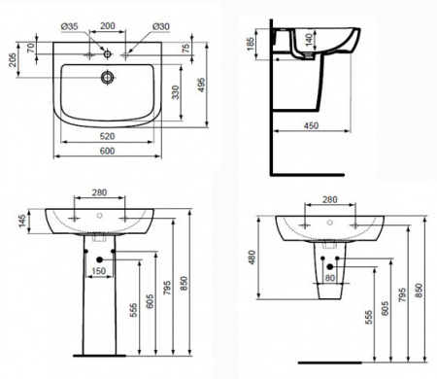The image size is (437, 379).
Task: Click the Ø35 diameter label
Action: tap(70, 26)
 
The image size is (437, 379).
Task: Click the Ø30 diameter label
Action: tap(161, 26)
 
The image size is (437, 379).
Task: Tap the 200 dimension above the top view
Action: tap(108, 26)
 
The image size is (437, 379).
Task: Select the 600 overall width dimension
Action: tap(108, 151)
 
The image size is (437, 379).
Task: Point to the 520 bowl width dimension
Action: tap(107, 136)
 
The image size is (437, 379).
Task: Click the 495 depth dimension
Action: tap(202, 85)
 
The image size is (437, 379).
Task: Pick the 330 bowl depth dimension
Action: tap(175, 92)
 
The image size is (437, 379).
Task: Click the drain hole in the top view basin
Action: tap(107, 77)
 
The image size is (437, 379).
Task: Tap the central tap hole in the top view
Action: tap(108, 53)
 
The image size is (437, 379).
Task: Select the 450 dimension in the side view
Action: tap(311, 125)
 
